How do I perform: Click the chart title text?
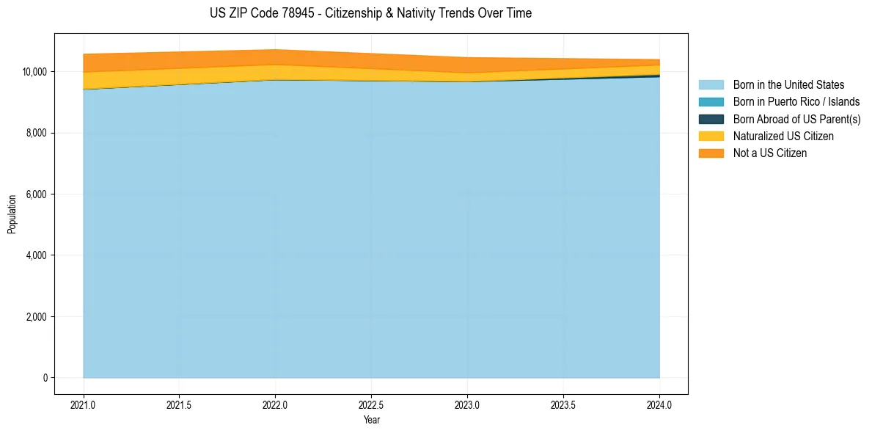[x=370, y=13]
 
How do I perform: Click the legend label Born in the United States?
[x=788, y=85]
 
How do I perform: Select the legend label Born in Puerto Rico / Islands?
[x=796, y=102]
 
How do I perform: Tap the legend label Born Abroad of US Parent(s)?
[x=796, y=119]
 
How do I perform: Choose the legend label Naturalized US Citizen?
[x=783, y=137]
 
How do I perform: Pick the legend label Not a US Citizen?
[x=770, y=153]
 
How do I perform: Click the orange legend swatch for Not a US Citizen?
[x=711, y=153]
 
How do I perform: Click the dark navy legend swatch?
[x=711, y=119]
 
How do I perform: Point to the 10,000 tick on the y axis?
[x=35, y=72]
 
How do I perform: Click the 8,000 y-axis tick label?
[x=37, y=133]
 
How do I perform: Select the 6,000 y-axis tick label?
[x=37, y=194]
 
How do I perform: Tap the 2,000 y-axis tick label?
[x=37, y=317]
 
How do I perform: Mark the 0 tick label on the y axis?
[x=45, y=378]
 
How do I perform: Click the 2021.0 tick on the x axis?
[x=84, y=404]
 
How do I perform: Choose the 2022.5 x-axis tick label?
[x=371, y=404]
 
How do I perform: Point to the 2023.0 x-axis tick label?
[x=467, y=404]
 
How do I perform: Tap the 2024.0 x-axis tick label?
[x=659, y=404]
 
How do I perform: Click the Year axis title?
[x=371, y=420]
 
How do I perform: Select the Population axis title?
[x=12, y=214]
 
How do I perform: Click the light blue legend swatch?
[x=711, y=85]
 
